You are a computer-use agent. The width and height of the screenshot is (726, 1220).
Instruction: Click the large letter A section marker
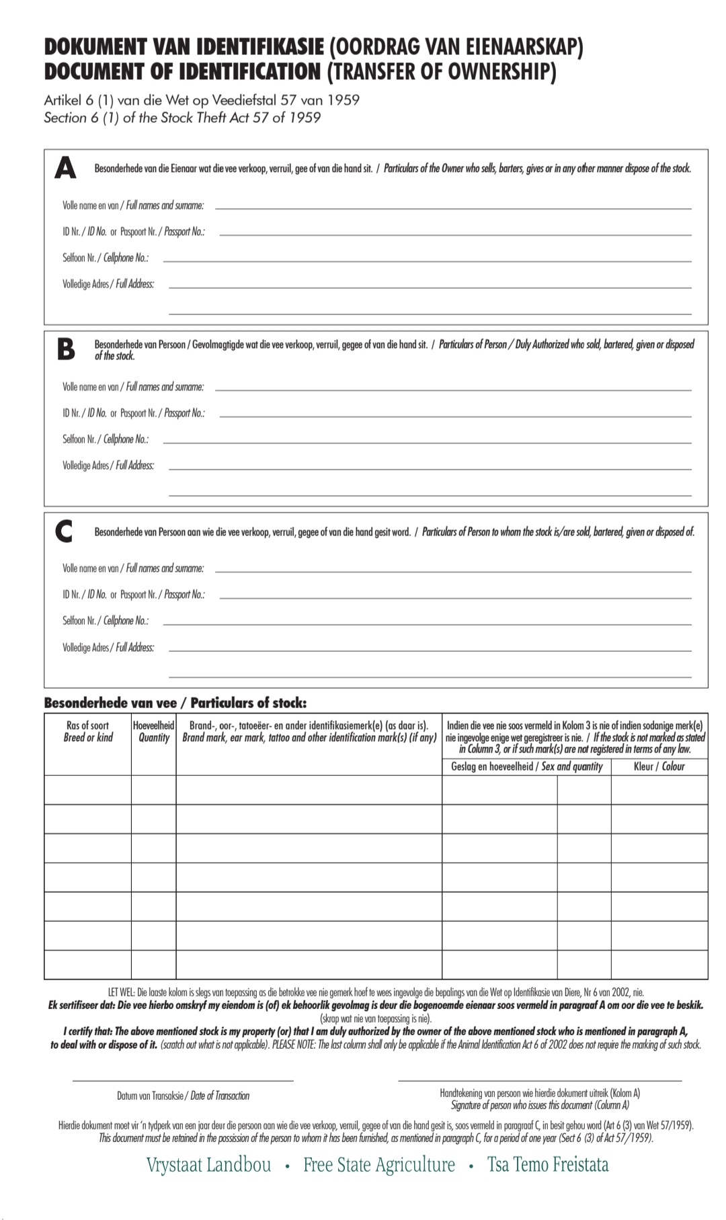[65, 168]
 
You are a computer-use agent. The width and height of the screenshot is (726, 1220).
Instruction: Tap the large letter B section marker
[65, 349]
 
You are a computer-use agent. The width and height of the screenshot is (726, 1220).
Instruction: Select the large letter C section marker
[64, 532]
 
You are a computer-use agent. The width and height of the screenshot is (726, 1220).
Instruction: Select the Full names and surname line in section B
[452, 390]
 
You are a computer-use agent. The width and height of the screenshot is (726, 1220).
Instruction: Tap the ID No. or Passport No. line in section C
[455, 598]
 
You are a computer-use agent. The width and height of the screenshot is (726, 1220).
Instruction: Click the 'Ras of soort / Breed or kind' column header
[88, 732]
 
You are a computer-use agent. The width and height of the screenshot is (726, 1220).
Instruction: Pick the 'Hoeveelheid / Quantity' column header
[154, 732]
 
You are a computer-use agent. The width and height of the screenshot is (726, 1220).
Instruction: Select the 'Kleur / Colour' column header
[659, 767]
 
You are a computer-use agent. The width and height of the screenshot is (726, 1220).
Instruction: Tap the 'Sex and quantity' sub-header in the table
[572, 767]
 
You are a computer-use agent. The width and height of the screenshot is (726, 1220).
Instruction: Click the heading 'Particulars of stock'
[248, 703]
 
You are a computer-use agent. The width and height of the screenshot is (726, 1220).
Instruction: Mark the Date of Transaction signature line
[183, 1080]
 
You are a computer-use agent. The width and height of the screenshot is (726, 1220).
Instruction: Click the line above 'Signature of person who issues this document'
[540, 1080]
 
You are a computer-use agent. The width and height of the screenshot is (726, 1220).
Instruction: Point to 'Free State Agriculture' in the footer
[379, 1165]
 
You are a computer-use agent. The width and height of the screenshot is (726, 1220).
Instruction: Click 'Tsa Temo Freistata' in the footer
[548, 1165]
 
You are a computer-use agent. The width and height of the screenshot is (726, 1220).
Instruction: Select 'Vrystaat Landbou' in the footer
[209, 1165]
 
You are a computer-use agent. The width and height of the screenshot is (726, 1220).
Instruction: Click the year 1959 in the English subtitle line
[303, 118]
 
